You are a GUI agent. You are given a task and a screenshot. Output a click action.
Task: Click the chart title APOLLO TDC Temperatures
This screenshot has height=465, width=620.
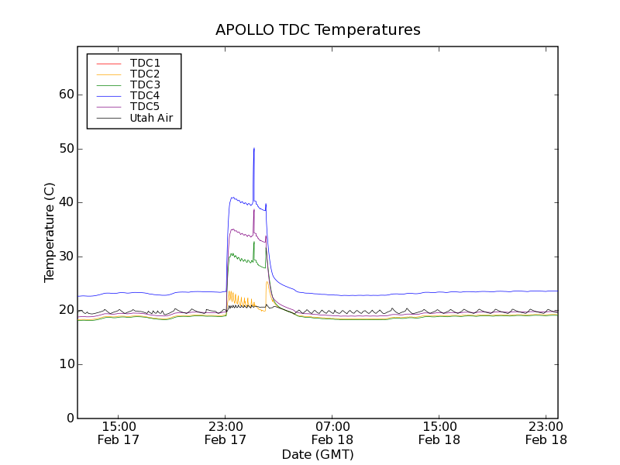pyautogui.click(x=318, y=30)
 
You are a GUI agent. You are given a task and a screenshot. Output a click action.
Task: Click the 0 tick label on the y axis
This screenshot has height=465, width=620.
pyautogui.click(x=68, y=418)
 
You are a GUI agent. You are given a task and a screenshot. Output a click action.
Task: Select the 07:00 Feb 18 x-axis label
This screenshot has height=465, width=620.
pyautogui.click(x=332, y=432)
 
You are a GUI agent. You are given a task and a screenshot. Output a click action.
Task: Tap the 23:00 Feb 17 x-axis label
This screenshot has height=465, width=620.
pyautogui.click(x=226, y=432)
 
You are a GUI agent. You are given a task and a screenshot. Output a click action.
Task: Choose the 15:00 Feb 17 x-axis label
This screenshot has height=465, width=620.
pyautogui.click(x=119, y=432)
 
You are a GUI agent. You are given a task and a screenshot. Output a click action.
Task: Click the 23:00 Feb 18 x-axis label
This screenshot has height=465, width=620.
pyautogui.click(x=546, y=432)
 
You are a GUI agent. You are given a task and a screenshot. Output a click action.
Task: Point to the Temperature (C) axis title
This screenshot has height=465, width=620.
pyautogui.click(x=49, y=232)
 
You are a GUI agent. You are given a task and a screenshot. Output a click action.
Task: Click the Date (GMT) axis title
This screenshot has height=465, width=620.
pyautogui.click(x=318, y=454)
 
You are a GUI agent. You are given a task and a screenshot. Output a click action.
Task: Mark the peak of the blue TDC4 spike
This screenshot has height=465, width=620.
pyautogui.click(x=253, y=148)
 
